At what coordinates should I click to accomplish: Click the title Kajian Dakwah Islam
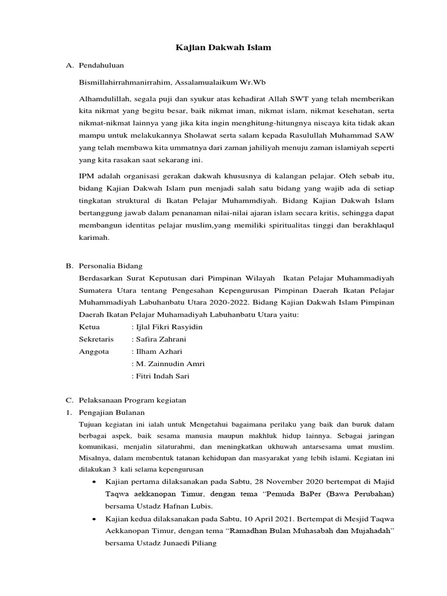(223, 47)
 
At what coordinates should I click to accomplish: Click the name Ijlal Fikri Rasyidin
(169, 327)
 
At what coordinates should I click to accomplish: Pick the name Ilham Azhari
(158, 352)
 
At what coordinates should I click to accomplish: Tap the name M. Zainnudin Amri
(170, 364)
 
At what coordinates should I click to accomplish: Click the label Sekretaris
(96, 339)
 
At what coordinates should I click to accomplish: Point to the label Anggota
(93, 352)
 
